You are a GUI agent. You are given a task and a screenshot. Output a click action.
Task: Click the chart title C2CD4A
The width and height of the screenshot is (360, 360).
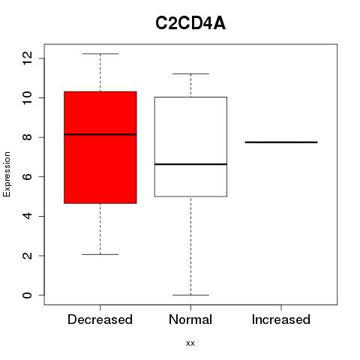(x=190, y=23)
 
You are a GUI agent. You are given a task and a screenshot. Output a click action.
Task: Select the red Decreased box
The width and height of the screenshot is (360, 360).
(x=100, y=148)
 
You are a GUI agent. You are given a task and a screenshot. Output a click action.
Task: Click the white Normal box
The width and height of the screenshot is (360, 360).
(x=190, y=147)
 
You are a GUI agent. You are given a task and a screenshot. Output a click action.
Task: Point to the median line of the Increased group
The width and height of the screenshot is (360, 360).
(x=281, y=142)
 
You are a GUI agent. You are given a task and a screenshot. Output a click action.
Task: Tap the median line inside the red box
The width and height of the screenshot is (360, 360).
(x=100, y=134)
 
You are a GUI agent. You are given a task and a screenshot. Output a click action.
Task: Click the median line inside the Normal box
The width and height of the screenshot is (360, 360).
(x=190, y=164)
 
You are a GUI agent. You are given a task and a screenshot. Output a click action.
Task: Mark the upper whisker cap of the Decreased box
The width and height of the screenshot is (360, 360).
(x=100, y=54)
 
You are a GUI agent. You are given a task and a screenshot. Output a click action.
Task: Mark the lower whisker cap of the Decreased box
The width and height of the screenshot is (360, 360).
(x=100, y=254)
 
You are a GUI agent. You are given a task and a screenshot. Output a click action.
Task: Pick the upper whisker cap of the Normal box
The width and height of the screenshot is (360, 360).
(x=190, y=73)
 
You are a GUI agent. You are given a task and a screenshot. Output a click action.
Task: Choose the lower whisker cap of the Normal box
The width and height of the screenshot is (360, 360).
(x=190, y=295)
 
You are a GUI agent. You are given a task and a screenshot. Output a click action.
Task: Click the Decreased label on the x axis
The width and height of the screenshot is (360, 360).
(x=100, y=319)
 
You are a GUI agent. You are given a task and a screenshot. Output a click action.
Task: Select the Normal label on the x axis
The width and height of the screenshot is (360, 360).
(x=190, y=319)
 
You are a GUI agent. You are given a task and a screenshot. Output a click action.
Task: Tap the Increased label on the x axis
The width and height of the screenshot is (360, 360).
(x=281, y=319)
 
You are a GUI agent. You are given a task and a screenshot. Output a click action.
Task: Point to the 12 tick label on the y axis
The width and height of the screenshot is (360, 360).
(x=27, y=58)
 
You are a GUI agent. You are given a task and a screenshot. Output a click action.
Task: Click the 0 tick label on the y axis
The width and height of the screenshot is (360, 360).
(x=27, y=295)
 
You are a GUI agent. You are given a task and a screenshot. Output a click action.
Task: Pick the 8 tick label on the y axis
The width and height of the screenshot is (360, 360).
(x=27, y=137)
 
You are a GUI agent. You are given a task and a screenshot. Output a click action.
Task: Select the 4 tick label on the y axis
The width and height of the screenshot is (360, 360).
(x=27, y=216)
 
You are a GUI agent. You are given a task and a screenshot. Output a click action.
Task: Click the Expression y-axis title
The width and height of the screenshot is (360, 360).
(x=7, y=174)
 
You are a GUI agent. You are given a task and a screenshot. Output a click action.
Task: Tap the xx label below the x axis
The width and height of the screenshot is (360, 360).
(x=190, y=343)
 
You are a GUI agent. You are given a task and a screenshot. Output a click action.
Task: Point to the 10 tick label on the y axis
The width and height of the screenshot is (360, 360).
(x=27, y=97)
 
